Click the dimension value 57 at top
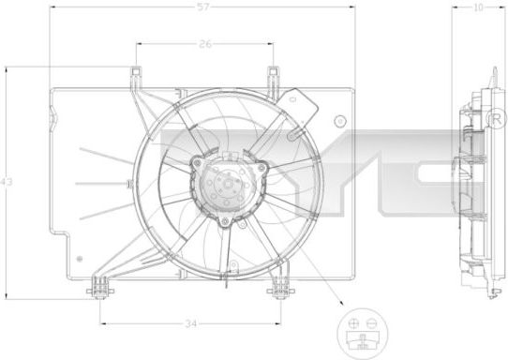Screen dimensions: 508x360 click(x=203, y=7)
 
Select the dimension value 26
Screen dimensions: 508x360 click(x=205, y=44)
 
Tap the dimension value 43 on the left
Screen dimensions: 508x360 click(x=7, y=182)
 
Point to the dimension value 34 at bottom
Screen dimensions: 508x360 click(x=191, y=323)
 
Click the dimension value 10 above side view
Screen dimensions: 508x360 click(x=478, y=7)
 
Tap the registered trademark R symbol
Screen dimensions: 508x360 click(x=496, y=119)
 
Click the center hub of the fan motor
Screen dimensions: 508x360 click(x=229, y=184)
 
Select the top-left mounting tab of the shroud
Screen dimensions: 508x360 click(x=136, y=71)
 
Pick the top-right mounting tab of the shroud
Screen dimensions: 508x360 click(x=273, y=71)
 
